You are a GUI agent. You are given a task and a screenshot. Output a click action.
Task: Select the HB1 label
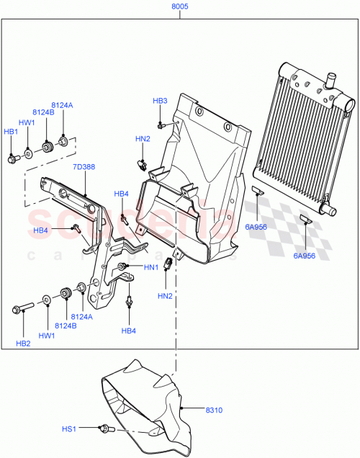coord(11,132)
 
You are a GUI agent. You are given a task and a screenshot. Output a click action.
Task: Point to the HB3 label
coord(160,101)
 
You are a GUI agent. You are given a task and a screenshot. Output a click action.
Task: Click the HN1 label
coord(150,268)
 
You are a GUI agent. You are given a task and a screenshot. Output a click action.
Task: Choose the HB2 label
coord(23,343)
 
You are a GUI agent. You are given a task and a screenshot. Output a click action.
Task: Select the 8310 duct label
coord(214,410)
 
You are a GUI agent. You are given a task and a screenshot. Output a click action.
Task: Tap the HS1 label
coord(68,429)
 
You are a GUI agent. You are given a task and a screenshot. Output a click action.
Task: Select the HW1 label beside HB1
coord(27,123)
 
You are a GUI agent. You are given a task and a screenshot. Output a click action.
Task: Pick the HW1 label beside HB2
coord(47,336)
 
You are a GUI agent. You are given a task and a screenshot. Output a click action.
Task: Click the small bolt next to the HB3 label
coord(162,125)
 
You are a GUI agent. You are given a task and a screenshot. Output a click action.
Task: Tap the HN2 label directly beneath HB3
coord(143,138)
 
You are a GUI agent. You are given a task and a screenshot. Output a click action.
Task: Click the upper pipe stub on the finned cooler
coord(332,76)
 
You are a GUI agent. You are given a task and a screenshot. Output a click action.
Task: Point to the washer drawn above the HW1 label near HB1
coord(28,152)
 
